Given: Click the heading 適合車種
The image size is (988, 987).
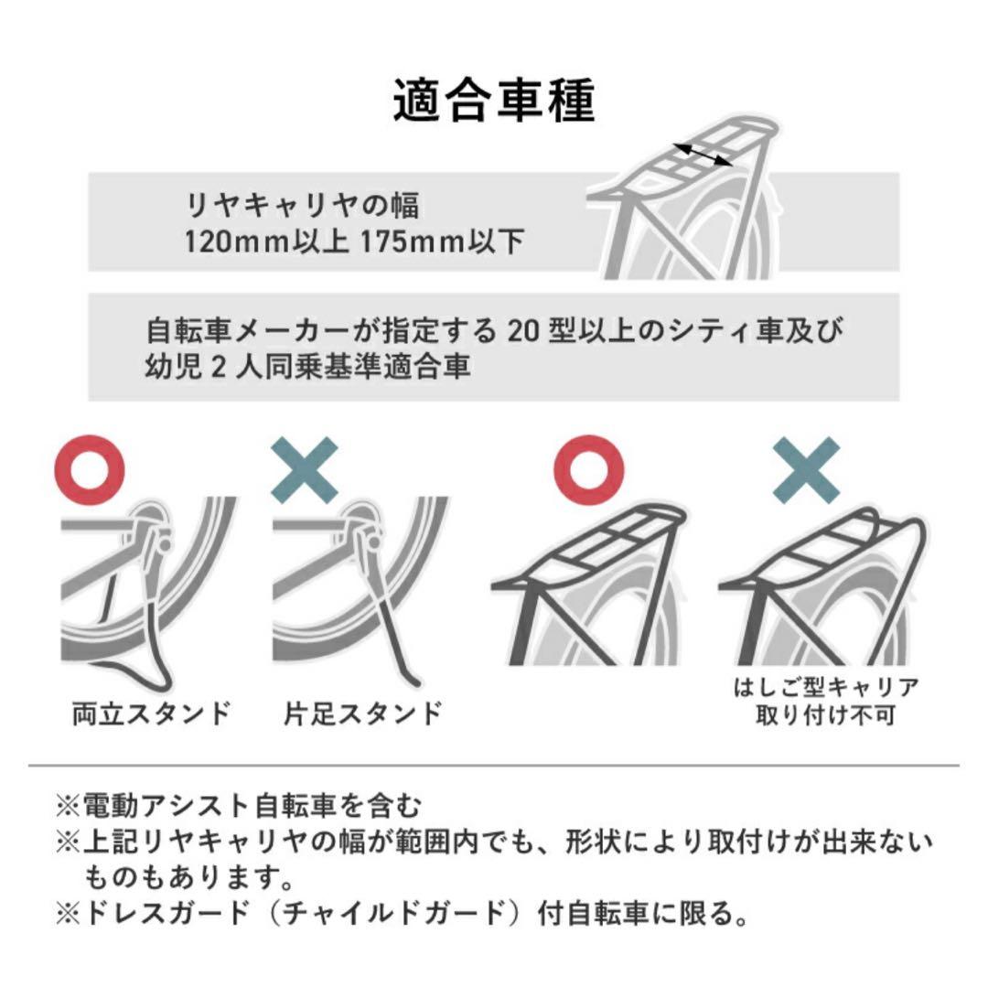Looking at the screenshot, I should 494,101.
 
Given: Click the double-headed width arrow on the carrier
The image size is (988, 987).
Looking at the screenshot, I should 703,154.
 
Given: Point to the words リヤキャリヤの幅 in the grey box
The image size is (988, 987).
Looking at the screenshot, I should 302,206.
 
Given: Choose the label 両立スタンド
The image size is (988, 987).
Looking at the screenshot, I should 151,713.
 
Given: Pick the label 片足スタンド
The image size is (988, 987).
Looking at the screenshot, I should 363,713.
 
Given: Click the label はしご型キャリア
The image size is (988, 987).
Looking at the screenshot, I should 825,687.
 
